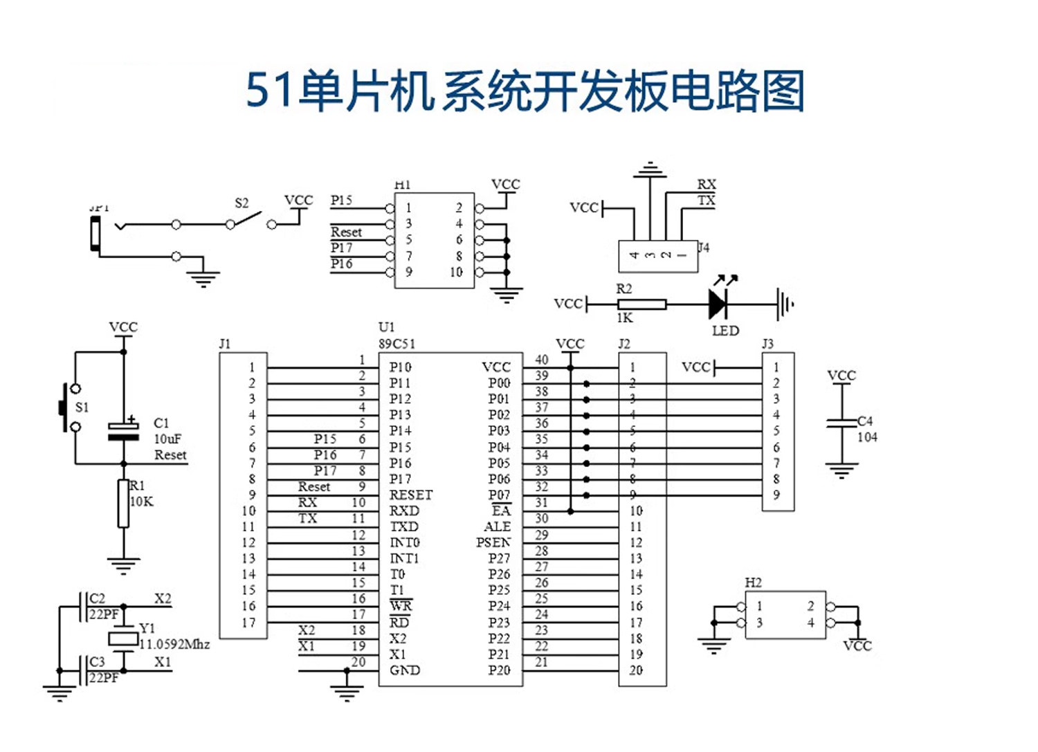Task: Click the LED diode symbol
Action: (718, 303)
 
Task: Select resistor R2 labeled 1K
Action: (641, 304)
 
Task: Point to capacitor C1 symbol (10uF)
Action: (124, 431)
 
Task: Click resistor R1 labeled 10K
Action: (123, 504)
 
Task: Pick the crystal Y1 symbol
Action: (123, 638)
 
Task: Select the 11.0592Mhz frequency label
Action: (174, 644)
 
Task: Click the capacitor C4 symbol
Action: (841, 422)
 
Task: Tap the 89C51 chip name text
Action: (397, 344)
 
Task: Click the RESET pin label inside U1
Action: (410, 495)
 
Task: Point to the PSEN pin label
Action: (493, 542)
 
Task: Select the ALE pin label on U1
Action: (497, 526)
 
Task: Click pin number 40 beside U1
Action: (542, 360)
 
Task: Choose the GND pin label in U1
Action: (405, 670)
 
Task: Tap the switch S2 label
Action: (242, 203)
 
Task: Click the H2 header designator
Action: (753, 583)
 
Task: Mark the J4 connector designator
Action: (704, 247)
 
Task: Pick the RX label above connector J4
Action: (707, 184)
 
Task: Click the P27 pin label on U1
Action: (498, 558)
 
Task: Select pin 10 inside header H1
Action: (456, 273)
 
